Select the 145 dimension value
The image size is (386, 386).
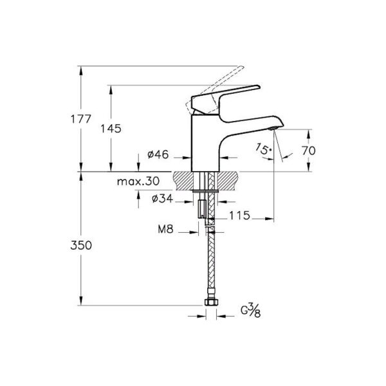[111, 128]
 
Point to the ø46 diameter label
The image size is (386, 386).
[158, 154]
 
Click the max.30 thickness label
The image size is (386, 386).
[138, 182]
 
